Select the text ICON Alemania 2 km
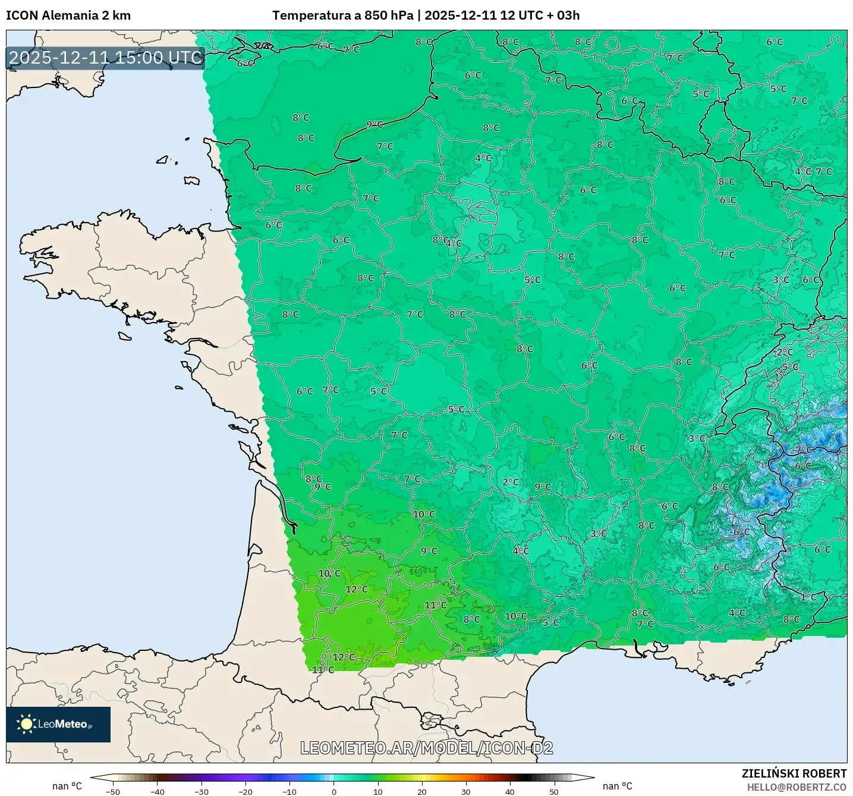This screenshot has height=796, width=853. click(68, 15)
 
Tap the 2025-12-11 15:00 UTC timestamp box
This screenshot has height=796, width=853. click(106, 58)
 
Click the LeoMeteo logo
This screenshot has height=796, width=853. click(58, 724)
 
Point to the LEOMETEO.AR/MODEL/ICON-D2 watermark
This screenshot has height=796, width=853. click(426, 748)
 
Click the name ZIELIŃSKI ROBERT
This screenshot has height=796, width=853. click(794, 773)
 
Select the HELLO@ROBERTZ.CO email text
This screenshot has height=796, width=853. click(797, 787)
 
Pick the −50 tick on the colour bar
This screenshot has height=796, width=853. click(113, 791)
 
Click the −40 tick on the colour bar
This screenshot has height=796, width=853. click(158, 791)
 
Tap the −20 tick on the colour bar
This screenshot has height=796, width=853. click(245, 791)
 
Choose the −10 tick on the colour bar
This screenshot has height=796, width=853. click(289, 791)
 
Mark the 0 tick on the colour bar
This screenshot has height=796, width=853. click(334, 791)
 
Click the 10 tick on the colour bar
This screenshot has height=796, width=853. click(378, 791)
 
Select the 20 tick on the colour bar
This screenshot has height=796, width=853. click(422, 791)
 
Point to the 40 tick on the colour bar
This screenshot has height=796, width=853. click(510, 791)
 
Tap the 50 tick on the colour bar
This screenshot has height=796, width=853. click(554, 791)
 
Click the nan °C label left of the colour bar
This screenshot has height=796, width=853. click(67, 786)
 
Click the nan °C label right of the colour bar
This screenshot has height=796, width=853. click(618, 786)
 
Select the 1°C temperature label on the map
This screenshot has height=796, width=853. click(808, 597)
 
